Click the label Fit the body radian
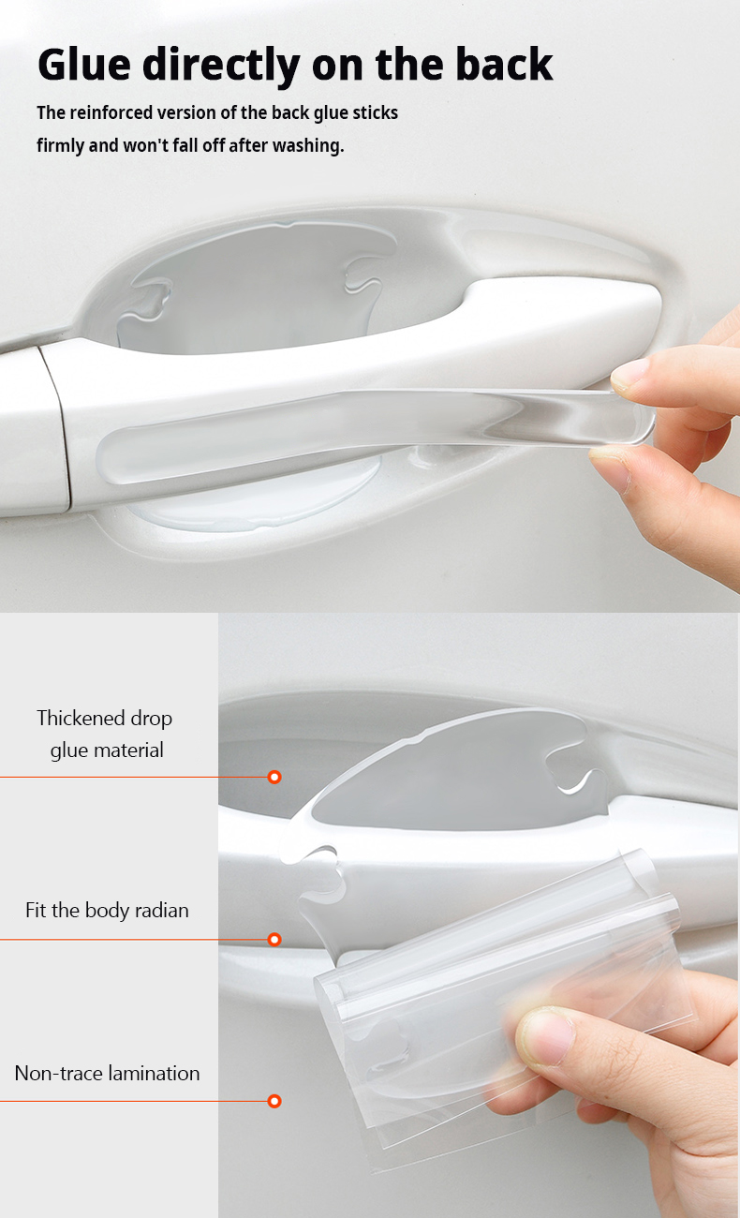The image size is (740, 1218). (x=107, y=910)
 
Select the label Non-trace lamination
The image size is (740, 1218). (x=107, y=1073)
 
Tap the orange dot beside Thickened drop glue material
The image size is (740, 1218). (x=274, y=777)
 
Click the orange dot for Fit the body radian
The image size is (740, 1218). (x=274, y=939)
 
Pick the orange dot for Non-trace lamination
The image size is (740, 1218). (x=274, y=1101)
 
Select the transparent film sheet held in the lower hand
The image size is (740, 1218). (x=506, y=993)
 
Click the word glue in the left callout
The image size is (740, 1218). (x=68, y=750)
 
